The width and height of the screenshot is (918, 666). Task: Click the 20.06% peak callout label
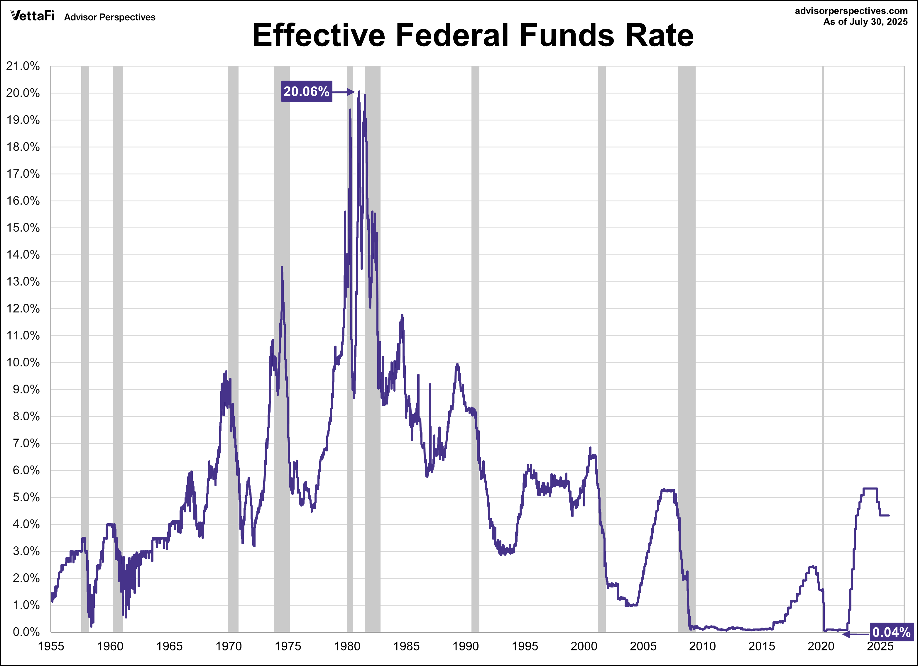pos(306,91)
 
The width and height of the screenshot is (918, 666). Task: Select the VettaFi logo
pos(32,16)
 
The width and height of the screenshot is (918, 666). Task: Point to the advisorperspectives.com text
pos(851,11)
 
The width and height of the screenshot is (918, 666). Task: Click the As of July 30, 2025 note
pos(860,22)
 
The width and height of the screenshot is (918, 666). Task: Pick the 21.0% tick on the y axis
pos(23,66)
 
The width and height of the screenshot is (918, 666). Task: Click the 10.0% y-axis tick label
pos(23,362)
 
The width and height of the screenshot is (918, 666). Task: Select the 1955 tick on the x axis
pos(51,646)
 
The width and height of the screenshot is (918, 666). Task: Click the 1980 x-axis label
pos(347,646)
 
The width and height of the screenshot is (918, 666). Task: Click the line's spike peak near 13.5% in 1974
pos(282,267)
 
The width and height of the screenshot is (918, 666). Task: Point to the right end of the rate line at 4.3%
pos(888,515)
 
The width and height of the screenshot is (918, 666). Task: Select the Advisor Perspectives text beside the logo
pos(110,17)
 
